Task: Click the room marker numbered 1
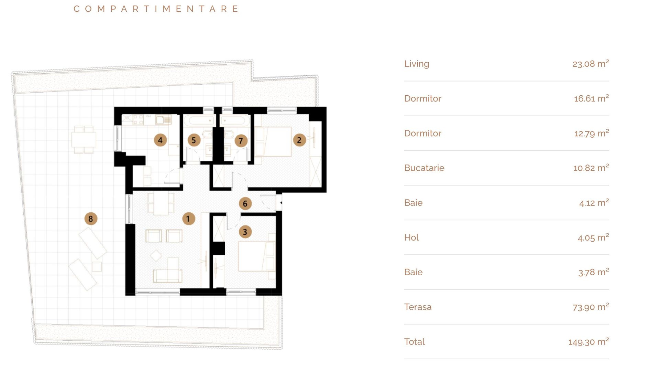coord(188,219)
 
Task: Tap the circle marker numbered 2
coord(299,140)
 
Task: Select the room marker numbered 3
coord(245,232)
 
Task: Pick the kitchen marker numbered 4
coord(160,140)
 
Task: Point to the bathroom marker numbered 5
coord(194,140)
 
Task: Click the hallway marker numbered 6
coord(245,203)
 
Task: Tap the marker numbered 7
coord(241,140)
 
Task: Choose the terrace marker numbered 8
coord(91,219)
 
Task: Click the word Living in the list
coord(417,64)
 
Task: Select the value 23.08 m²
coord(590,64)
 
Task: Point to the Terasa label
coord(418,307)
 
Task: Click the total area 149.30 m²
coord(588,342)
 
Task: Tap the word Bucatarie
coord(424,168)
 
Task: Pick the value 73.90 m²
coord(590,307)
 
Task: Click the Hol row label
coord(411,237)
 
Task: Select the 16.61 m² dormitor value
coord(591,98)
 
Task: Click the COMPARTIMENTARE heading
coord(156,9)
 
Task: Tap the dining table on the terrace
coord(84,139)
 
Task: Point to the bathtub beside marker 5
coord(199,121)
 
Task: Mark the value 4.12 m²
coord(594,203)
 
